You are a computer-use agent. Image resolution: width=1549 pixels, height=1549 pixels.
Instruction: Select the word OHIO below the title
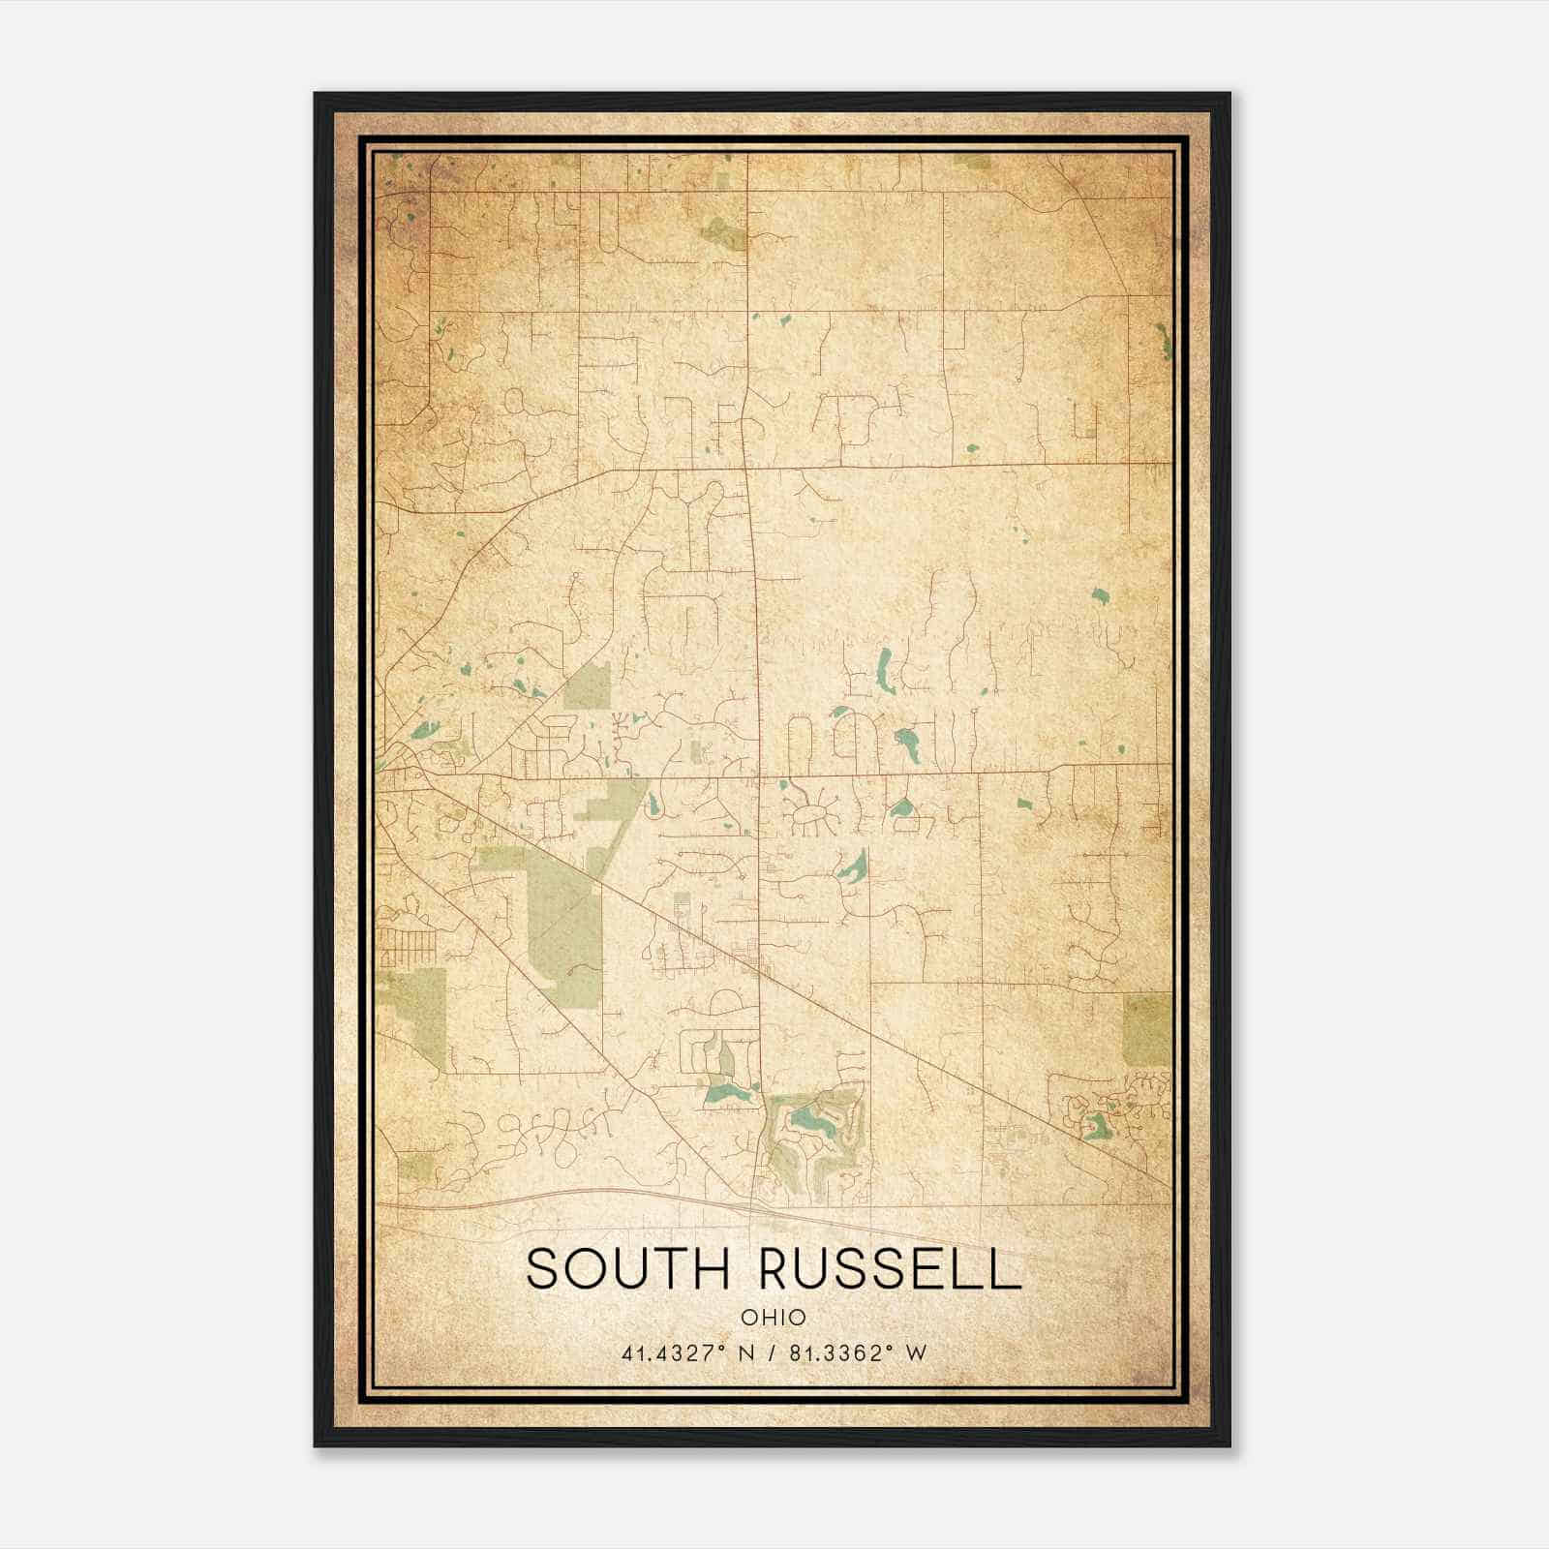pos(773,1317)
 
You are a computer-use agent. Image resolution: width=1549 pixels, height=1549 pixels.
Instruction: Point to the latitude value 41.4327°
pos(676,1352)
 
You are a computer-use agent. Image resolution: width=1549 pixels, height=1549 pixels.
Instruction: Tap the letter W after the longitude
pos(916,1352)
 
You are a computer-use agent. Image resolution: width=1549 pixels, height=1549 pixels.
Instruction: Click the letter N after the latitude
pos(745,1352)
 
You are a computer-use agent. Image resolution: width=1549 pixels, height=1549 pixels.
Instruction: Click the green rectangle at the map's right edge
pos(1146,1030)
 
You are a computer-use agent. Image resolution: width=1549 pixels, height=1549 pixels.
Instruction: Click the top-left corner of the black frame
pos(316,95)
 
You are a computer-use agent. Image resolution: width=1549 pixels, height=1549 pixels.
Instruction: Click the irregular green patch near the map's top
pos(723,232)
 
